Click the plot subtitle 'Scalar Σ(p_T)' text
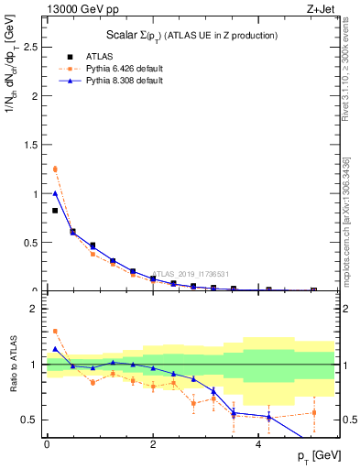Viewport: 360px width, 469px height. (187, 35)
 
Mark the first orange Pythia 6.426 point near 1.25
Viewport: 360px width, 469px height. (54, 169)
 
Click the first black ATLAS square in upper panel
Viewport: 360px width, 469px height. (54, 211)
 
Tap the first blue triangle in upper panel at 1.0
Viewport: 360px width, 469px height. (54, 193)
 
